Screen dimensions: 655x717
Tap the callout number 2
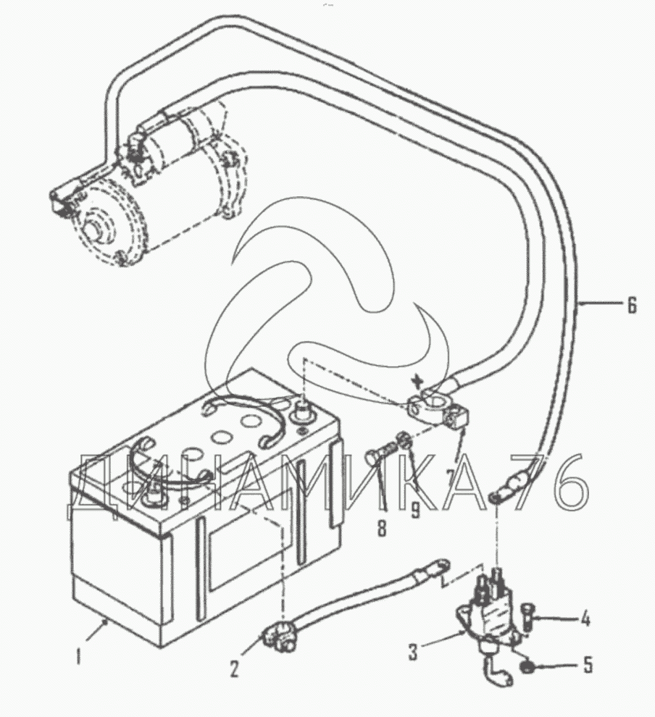pyautogui.click(x=234, y=669)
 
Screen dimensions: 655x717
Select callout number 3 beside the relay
pyautogui.click(x=413, y=652)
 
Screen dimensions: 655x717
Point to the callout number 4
pyautogui.click(x=585, y=619)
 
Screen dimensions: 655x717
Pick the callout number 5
pyautogui.click(x=587, y=665)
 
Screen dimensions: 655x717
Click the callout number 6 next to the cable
pyautogui.click(x=632, y=305)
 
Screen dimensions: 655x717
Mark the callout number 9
pyautogui.click(x=415, y=511)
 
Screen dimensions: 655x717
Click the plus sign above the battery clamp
pyautogui.click(x=417, y=380)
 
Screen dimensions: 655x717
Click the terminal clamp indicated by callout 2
pyautogui.click(x=276, y=636)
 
